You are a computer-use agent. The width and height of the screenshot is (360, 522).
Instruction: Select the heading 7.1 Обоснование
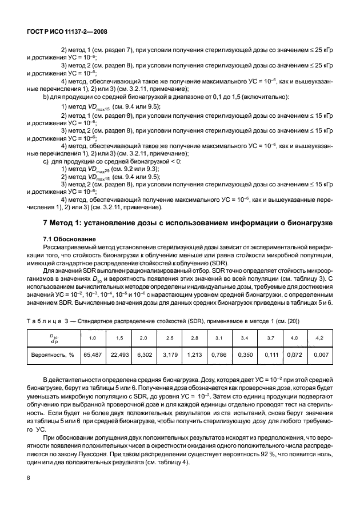pos(64,238)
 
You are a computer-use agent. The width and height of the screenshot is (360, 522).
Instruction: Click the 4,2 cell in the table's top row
pos(319,338)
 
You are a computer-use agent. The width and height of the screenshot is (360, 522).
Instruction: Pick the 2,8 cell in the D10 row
pos(194,338)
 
